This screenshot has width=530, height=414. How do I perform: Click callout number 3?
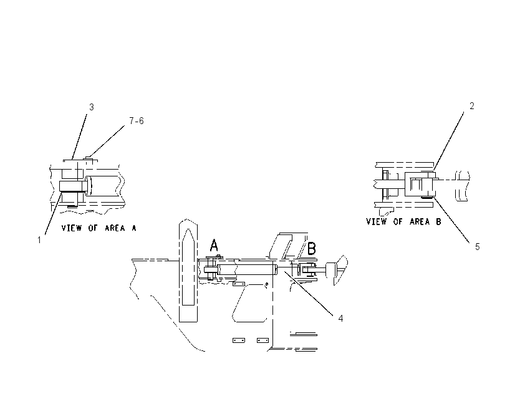(91, 107)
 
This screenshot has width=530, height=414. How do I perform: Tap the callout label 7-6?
(137, 121)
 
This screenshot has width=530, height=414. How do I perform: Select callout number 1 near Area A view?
(39, 240)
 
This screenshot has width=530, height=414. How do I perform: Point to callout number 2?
(472, 106)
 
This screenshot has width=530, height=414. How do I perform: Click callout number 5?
(477, 247)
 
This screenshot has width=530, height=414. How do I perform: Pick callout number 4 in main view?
(340, 319)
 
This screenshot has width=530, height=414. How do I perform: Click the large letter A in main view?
(214, 246)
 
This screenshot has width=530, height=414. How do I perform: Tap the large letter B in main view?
(312, 248)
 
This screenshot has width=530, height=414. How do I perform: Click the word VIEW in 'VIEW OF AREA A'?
(71, 228)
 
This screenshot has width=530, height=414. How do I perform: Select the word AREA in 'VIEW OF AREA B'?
(420, 222)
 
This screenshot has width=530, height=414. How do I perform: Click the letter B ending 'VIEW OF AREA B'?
(438, 222)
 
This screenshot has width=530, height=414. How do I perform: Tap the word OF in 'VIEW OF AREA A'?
(93, 228)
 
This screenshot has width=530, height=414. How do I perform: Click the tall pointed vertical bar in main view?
(188, 271)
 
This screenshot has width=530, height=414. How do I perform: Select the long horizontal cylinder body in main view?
(247, 269)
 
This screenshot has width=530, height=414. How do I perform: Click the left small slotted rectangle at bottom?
(239, 340)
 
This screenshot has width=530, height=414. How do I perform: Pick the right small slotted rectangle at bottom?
(263, 340)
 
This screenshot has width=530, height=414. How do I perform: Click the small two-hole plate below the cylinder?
(239, 284)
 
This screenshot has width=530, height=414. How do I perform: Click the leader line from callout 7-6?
(107, 142)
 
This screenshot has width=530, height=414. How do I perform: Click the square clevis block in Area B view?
(420, 184)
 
